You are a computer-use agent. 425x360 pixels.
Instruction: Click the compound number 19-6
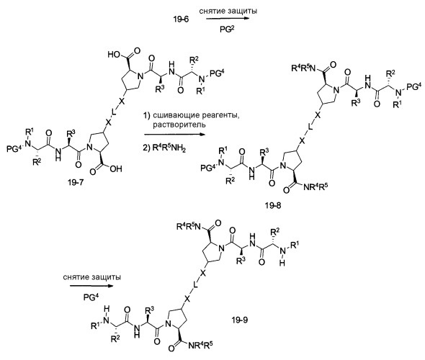coord(181,19)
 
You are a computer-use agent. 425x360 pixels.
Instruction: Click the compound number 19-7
coord(76,183)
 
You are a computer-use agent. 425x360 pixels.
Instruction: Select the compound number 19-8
coord(273,206)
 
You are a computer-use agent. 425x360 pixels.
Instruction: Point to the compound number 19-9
coord(240,320)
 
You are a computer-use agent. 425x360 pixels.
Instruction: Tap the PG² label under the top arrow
coord(227,30)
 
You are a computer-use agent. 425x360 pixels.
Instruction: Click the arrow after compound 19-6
coord(228,19)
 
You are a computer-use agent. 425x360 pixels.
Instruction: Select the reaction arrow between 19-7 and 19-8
coord(175,134)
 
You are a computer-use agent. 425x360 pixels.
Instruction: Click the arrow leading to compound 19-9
coord(91,286)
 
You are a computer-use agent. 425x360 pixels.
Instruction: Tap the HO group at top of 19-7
coord(114,55)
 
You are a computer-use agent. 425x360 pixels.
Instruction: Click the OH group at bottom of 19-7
coord(116,169)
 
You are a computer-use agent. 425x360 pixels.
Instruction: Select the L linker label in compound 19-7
coord(114,112)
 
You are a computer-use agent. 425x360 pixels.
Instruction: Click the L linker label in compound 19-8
coord(310,126)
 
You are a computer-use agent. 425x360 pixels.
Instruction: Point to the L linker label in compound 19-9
coord(195,284)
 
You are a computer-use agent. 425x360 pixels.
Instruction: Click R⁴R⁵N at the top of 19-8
coord(303,68)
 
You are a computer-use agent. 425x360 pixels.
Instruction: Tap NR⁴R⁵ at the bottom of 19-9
coord(200,346)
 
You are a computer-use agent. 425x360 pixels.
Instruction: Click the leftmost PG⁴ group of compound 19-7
coord(14,149)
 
